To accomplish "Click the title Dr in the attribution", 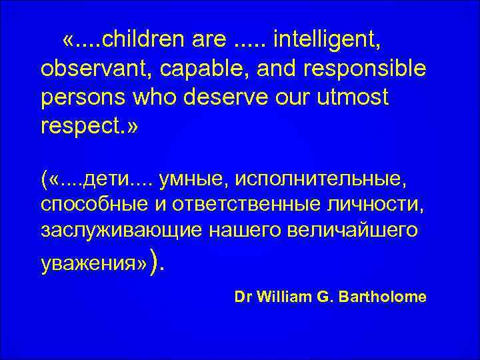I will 243,297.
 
